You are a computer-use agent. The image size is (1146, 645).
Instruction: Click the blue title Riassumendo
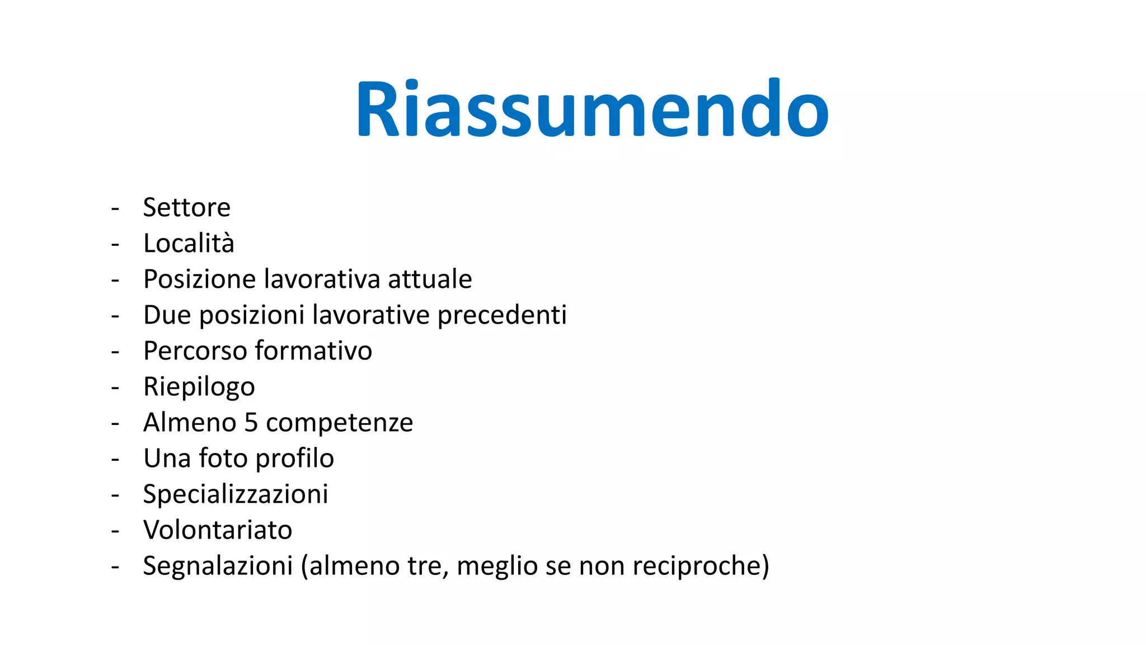(x=592, y=109)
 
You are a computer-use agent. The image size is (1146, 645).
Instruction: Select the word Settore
(x=186, y=208)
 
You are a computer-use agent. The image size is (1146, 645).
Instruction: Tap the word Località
(x=189, y=244)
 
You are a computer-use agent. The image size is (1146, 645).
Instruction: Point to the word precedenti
(x=502, y=315)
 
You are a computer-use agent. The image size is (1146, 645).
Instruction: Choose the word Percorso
(x=195, y=351)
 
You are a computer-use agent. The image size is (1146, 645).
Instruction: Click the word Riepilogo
(x=199, y=387)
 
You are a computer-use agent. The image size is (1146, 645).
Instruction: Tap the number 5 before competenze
(x=251, y=423)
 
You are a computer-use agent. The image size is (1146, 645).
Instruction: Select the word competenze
(x=339, y=423)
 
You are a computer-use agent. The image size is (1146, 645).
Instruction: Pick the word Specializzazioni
(x=236, y=494)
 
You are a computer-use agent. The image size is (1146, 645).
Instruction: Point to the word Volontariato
(x=218, y=530)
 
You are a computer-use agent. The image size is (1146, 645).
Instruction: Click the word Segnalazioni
(x=218, y=566)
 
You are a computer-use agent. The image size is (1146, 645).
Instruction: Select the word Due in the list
(x=167, y=315)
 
